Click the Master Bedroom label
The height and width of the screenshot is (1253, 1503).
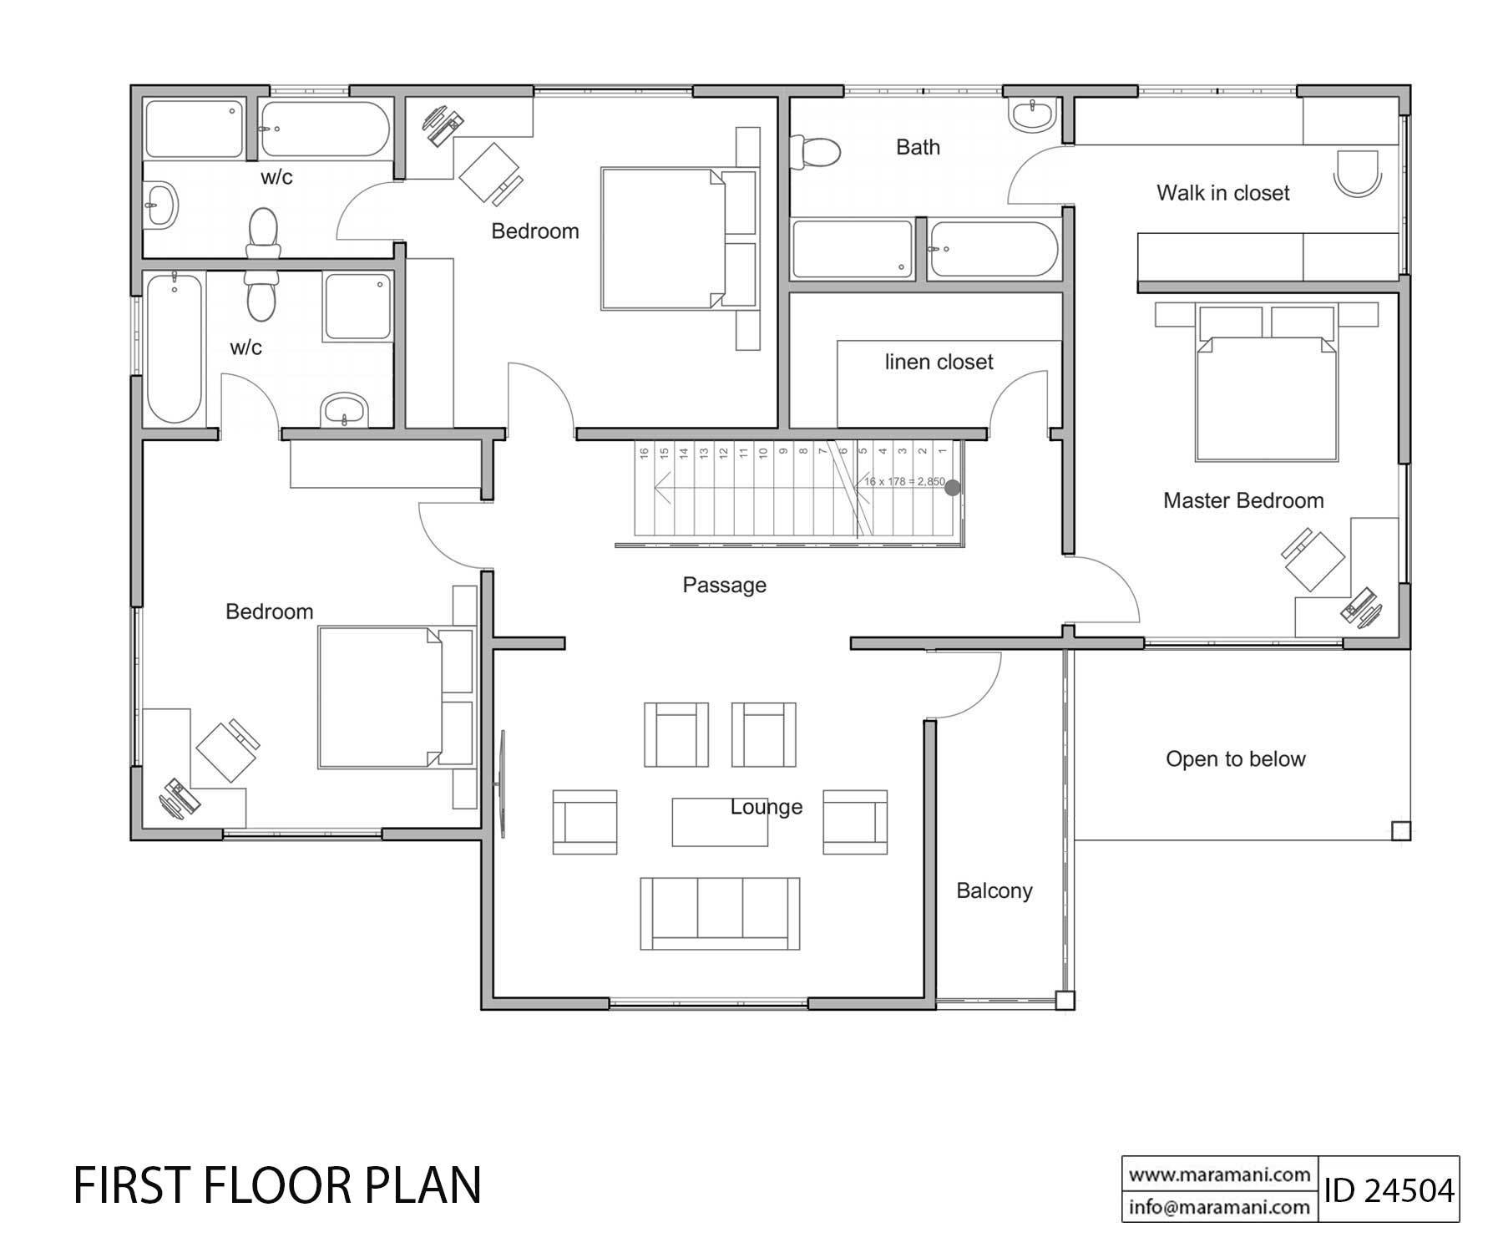1242,500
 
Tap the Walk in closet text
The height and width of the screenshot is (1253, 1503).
1222,193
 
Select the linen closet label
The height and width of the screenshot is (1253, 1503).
939,362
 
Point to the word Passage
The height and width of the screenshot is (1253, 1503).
724,585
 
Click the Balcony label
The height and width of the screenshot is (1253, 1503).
994,890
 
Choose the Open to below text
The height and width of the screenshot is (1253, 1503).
1235,758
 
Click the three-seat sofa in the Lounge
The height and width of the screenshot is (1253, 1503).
720,913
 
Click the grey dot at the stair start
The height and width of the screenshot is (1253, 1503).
952,488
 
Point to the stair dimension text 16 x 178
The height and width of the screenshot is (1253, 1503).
904,482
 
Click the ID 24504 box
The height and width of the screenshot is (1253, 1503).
1388,1190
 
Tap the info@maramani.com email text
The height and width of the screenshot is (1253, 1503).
1219,1207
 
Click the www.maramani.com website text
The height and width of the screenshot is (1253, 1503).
1219,1174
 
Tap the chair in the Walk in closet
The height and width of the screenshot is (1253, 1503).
1357,173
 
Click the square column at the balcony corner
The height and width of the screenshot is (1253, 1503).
1064,1000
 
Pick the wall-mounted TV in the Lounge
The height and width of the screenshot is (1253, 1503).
503,784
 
